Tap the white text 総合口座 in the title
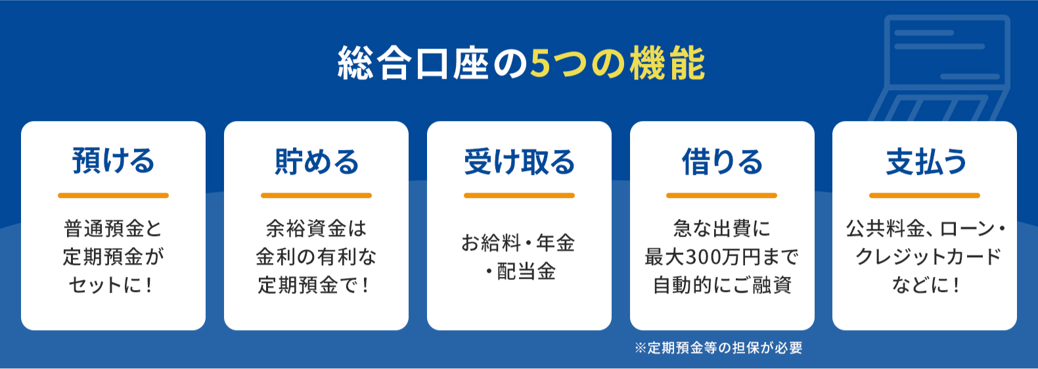pyautogui.click(x=414, y=63)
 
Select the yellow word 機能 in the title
pyautogui.click(x=667, y=63)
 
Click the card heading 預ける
pyautogui.click(x=113, y=161)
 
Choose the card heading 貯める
pyautogui.click(x=317, y=161)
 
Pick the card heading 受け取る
pyautogui.click(x=519, y=161)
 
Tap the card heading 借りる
pyautogui.click(x=722, y=161)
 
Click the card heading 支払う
pyautogui.click(x=925, y=161)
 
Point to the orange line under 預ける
pyautogui.click(x=113, y=195)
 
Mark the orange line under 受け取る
pyautogui.click(x=519, y=195)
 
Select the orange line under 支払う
pyautogui.click(x=924, y=195)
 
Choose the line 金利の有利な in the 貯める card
pyautogui.click(x=316, y=257)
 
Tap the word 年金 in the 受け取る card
pyautogui.click(x=555, y=243)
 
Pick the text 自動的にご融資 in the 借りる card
pyautogui.click(x=722, y=285)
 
